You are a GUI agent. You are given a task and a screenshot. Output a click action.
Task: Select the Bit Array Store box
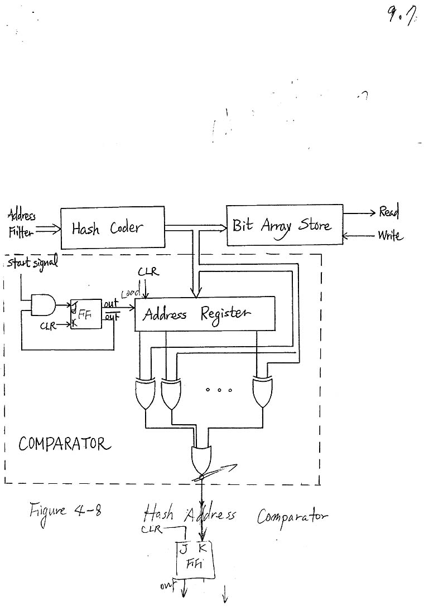pos(285,225)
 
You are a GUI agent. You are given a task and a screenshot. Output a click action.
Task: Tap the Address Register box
pos(205,314)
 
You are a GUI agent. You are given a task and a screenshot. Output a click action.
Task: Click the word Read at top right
pos(389,212)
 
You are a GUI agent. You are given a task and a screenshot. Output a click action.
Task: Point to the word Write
pos(390,236)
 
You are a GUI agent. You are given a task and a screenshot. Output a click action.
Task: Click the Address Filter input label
pos(21,224)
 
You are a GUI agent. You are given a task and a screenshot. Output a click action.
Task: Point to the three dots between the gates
pos(215,390)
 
